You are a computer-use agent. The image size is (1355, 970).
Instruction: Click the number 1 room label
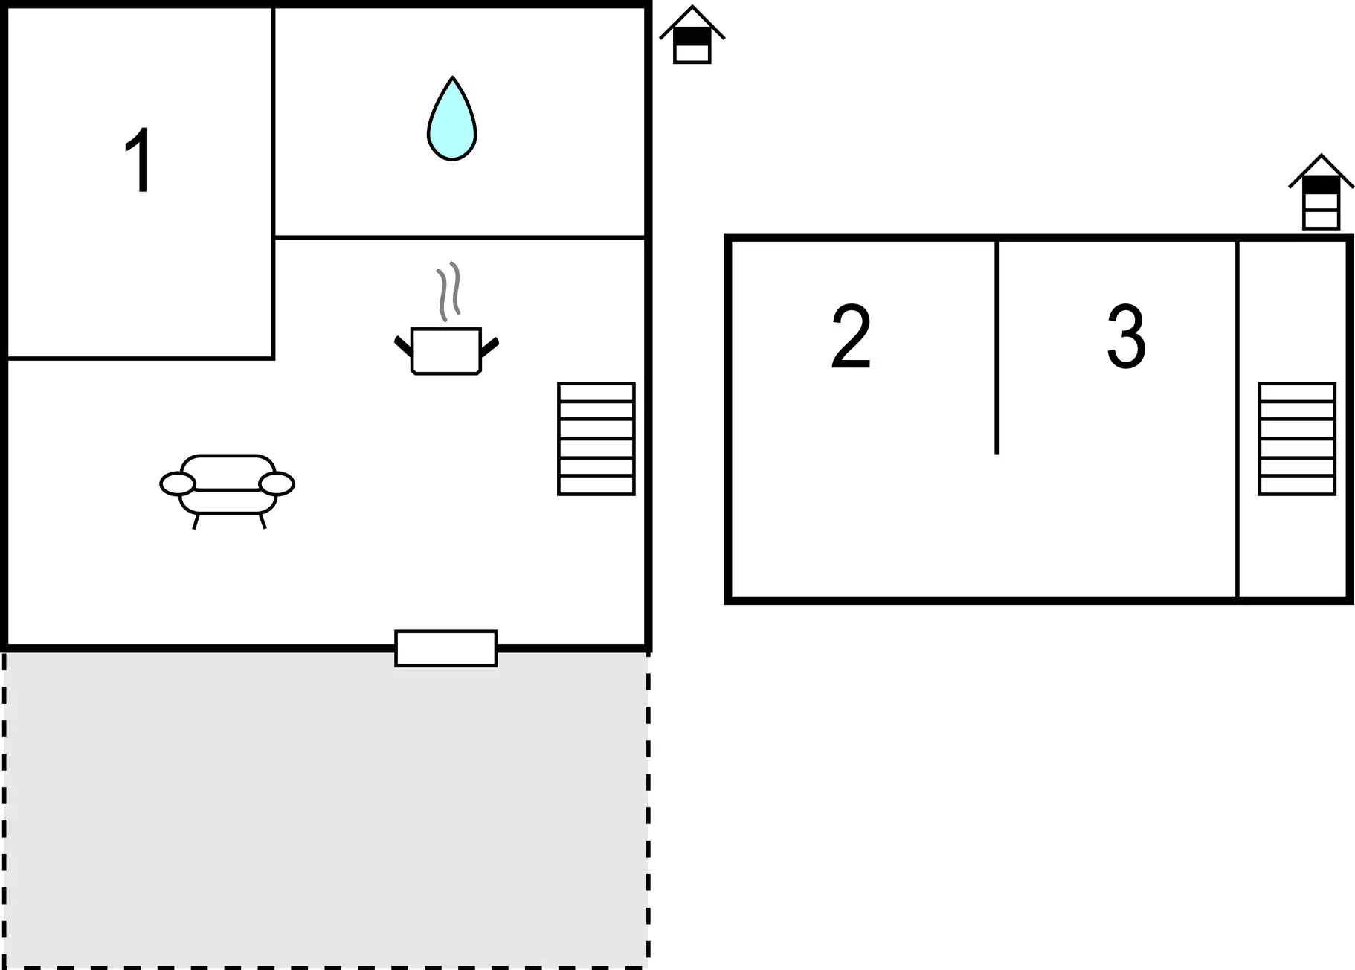click(139, 160)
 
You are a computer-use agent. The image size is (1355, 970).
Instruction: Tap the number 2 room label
click(851, 336)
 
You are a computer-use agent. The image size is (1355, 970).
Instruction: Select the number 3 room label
click(1126, 336)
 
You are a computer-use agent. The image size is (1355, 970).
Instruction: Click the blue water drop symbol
click(451, 118)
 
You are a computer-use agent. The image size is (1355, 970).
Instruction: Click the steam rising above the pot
click(448, 292)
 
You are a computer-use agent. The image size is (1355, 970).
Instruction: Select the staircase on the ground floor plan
click(596, 439)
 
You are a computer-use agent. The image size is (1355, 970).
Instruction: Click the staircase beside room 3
click(1297, 439)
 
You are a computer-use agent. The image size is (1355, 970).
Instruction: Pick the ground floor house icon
click(692, 35)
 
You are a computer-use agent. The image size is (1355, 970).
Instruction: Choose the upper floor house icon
click(1321, 192)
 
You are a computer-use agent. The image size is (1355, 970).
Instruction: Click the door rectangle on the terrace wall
click(446, 648)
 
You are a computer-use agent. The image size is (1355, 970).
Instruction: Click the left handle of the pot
click(403, 346)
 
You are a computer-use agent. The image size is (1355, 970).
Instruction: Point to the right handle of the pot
click(489, 347)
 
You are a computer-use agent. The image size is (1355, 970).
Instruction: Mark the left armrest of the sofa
click(178, 484)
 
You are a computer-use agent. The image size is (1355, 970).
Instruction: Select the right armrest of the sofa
click(277, 484)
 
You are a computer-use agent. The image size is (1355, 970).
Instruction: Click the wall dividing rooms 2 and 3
click(997, 347)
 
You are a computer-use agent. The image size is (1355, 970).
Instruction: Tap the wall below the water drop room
click(460, 237)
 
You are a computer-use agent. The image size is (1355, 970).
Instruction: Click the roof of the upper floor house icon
click(1321, 170)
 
